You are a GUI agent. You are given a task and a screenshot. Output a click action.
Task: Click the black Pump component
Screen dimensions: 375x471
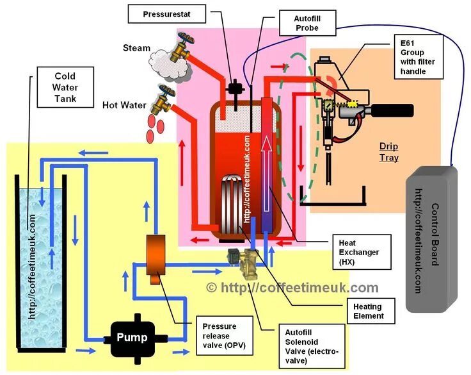tap(132, 337)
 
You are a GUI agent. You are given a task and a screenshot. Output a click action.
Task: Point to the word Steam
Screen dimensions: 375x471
tap(137, 47)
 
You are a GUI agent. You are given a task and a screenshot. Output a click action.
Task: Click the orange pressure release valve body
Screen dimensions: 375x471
tap(154, 254)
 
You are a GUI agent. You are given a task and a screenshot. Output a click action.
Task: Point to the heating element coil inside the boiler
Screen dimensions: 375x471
tap(231, 199)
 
